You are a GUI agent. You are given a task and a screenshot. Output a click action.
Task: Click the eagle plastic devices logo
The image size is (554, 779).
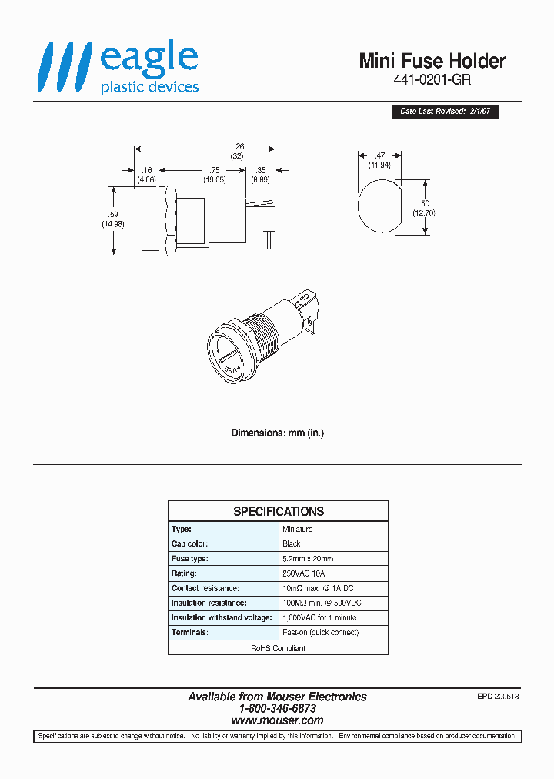118,69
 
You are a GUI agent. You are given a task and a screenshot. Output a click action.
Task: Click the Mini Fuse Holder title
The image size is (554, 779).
432,61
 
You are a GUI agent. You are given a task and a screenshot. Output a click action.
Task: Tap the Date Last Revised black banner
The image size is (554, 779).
445,112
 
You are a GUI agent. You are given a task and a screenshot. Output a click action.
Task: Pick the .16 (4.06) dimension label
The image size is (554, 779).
146,175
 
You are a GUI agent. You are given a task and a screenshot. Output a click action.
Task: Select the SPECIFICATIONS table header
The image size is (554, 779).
278,511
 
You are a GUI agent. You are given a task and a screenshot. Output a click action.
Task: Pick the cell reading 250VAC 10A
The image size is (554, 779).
304,573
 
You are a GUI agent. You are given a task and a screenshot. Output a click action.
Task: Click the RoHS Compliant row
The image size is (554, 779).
278,648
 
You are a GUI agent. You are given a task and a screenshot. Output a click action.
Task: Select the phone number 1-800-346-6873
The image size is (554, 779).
277,709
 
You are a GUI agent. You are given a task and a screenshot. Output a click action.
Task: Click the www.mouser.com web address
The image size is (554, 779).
277,721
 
